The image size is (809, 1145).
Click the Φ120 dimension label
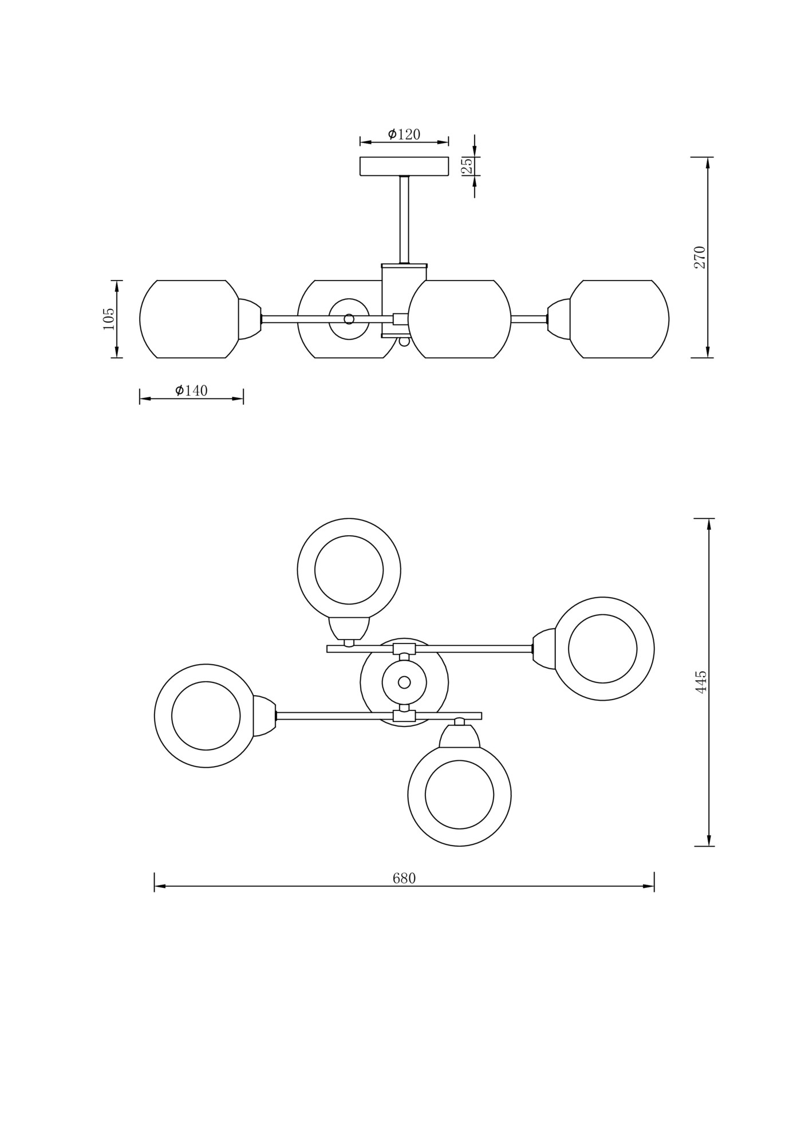(404, 135)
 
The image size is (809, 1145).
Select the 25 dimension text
(467, 166)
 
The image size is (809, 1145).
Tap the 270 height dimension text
(700, 258)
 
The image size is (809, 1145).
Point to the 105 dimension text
(108, 319)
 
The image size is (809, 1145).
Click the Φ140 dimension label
(191, 390)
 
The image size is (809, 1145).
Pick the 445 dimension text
(701, 682)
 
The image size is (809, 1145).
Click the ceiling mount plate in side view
(404, 166)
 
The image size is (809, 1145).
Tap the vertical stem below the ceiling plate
(404, 220)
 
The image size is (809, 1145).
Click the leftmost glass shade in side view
(189, 319)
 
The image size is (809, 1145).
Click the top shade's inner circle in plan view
(349, 570)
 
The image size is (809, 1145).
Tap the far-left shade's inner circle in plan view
(206, 716)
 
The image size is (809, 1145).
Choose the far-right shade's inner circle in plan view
(602, 649)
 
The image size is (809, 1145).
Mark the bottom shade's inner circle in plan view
(459, 795)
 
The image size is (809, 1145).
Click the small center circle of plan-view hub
(404, 682)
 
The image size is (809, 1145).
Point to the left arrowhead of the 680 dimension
(160, 886)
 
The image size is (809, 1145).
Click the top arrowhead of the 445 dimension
(709, 524)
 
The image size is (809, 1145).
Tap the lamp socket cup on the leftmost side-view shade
(249, 319)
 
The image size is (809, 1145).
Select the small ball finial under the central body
(404, 342)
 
